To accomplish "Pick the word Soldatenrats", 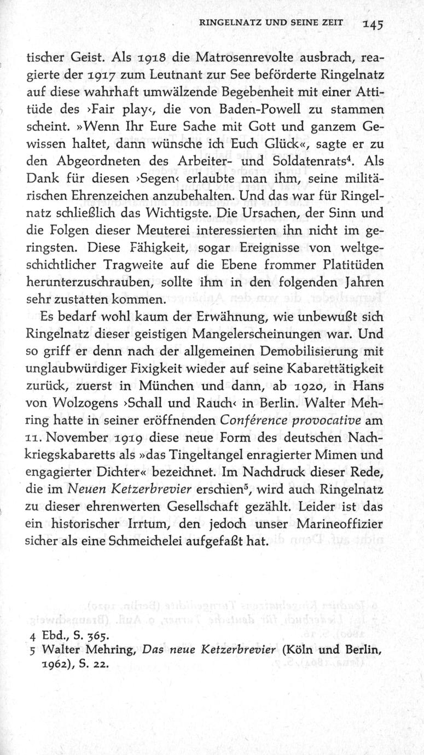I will pos(310,161).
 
